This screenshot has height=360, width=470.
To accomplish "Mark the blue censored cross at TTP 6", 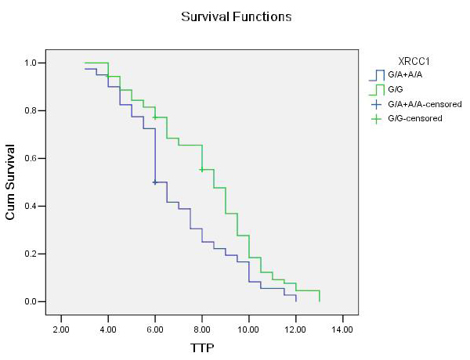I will pyautogui.click(x=155, y=182).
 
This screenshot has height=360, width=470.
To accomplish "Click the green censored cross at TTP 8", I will pyautogui.click(x=202, y=170).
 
